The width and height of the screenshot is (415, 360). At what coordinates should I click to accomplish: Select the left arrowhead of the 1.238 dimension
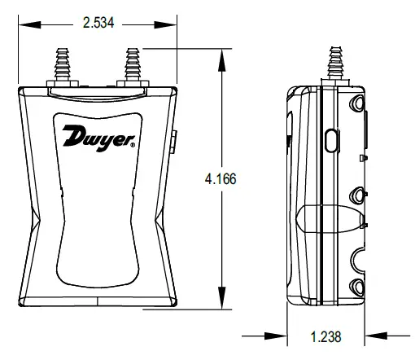(282, 333)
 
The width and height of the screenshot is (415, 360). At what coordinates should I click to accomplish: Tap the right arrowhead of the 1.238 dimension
(373, 333)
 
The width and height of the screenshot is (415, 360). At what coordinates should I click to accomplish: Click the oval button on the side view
(332, 139)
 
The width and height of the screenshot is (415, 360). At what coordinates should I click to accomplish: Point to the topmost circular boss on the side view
(357, 104)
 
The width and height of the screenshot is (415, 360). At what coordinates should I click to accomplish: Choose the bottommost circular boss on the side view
(356, 286)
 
